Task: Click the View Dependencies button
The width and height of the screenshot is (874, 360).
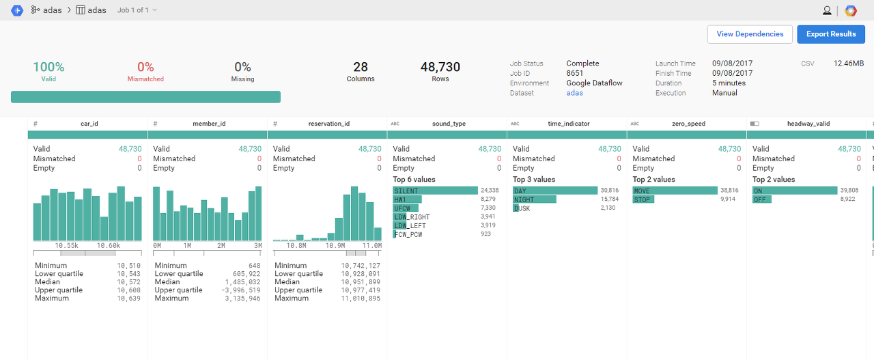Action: (750, 34)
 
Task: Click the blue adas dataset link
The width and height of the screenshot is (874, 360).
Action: (574, 93)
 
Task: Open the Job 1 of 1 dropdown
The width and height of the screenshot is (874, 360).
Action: (137, 10)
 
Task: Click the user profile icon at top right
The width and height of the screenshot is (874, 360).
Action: (827, 10)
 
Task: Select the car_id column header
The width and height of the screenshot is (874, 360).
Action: (89, 124)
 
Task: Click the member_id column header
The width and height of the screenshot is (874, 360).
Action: (208, 124)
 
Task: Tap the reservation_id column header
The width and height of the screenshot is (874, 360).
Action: (328, 124)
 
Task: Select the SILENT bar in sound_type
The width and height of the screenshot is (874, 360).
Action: (435, 191)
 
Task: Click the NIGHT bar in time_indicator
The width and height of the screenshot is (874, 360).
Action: (535, 199)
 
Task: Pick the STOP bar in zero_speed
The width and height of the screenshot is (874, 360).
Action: (643, 199)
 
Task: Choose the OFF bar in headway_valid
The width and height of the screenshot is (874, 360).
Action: (762, 199)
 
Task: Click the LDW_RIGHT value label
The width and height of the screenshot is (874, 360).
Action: (412, 217)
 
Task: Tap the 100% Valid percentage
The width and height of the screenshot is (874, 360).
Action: (48, 67)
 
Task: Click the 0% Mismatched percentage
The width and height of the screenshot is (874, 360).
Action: (145, 67)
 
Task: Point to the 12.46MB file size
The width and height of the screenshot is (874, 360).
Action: (848, 64)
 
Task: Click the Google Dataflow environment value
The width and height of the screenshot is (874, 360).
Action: (594, 83)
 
